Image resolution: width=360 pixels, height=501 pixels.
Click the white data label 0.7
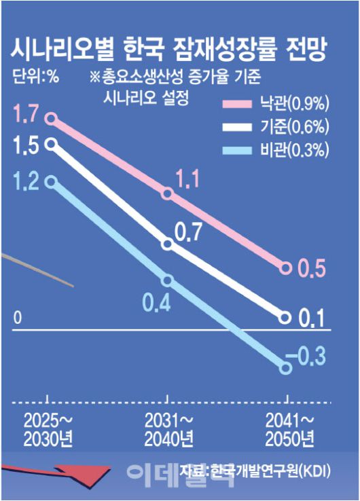[188, 232]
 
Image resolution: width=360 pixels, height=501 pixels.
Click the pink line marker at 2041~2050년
[286, 268]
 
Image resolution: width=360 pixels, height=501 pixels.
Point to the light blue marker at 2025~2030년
[50, 181]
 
